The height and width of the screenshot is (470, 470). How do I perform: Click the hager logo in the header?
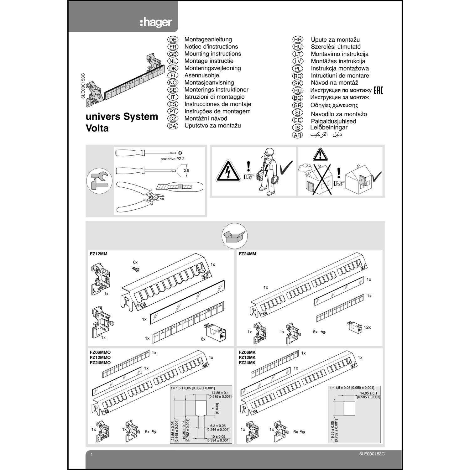[156, 22]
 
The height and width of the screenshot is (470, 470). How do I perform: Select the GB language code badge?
[173, 54]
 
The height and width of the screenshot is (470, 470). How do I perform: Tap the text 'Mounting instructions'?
[212, 54]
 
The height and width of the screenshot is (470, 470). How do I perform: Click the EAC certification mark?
[378, 90]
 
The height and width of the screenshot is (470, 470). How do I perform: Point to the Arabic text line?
[326, 134]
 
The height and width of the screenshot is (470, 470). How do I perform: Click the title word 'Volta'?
[97, 128]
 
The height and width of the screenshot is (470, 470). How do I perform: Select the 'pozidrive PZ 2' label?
[172, 159]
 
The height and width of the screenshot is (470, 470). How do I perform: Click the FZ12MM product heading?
[98, 254]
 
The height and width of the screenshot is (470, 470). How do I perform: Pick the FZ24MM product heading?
[247, 254]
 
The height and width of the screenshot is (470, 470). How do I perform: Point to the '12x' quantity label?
[367, 327]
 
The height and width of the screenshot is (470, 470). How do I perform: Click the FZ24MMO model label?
[100, 363]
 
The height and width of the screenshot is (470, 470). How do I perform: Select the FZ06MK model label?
[247, 352]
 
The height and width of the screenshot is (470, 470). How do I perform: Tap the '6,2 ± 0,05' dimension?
[217, 426]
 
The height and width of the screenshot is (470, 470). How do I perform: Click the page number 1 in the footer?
[91, 454]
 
